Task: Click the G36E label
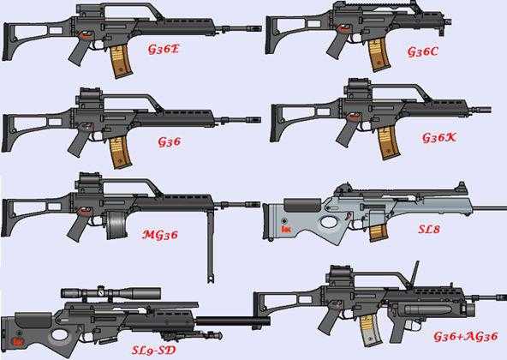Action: tap(164, 49)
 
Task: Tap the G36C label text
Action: tap(422, 51)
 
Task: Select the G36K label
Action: tap(439, 138)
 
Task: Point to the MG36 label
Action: tap(160, 234)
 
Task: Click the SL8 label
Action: tap(429, 229)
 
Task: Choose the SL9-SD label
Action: tap(153, 350)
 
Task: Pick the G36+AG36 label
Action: tap(465, 337)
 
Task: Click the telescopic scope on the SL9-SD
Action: tap(110, 293)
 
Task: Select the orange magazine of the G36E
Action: tap(121, 62)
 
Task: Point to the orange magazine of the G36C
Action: tap(379, 54)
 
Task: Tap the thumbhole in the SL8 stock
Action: tap(329, 222)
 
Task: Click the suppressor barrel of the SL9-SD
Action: tap(233, 321)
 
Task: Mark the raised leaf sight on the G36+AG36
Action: tap(415, 274)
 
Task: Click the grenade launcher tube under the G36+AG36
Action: tap(433, 309)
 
